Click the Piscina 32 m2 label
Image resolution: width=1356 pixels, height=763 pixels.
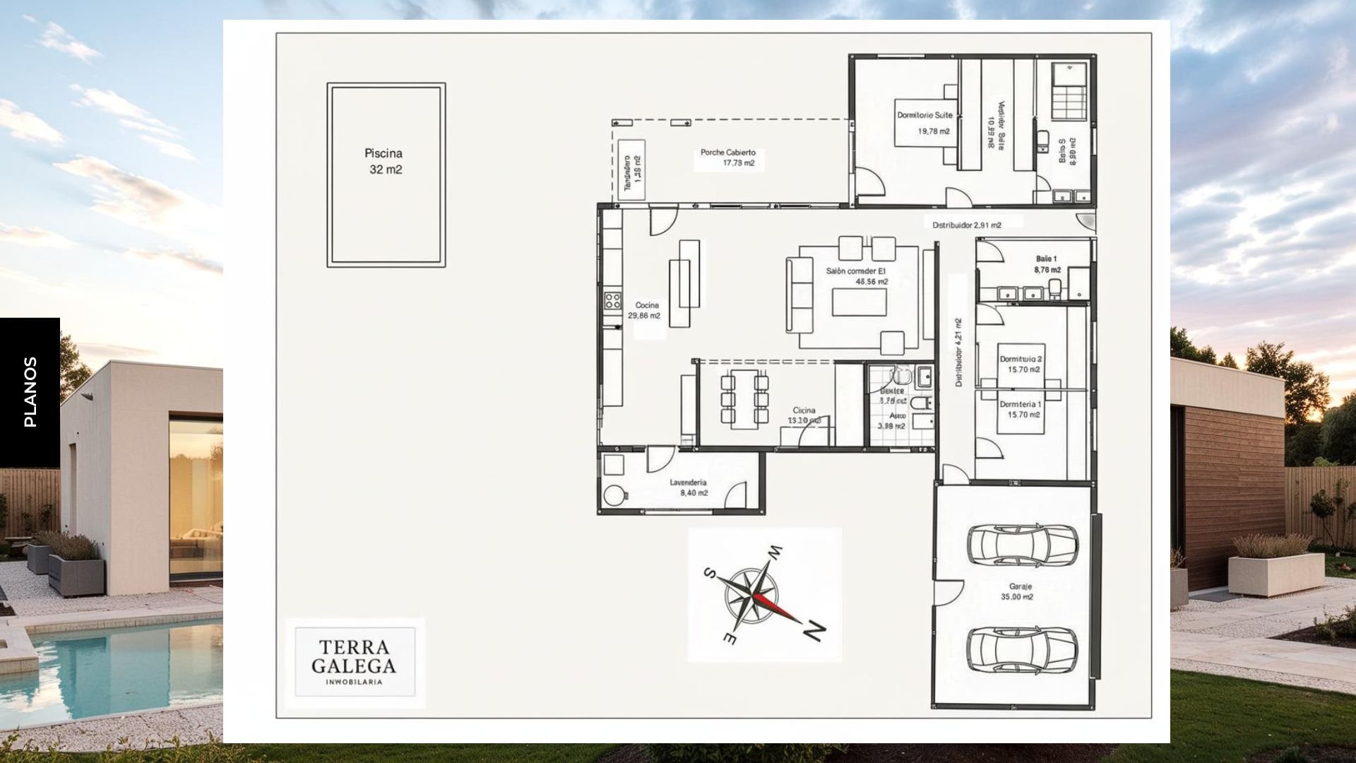[x=384, y=161]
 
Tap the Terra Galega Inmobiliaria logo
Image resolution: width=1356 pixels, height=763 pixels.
[x=355, y=662]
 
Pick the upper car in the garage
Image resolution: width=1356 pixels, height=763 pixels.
[x=1021, y=544]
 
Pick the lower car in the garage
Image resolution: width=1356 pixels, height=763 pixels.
[x=1021, y=649]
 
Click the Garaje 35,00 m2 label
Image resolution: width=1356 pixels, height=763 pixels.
[x=1017, y=591]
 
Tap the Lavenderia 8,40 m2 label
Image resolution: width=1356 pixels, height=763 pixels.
[x=689, y=487]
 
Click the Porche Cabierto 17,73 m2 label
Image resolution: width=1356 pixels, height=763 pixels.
[x=728, y=158]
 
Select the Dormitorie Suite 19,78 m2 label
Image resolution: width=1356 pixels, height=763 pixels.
[x=925, y=123]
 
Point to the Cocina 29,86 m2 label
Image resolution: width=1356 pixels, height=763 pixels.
[x=646, y=311]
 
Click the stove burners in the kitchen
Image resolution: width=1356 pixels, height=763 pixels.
[x=612, y=302]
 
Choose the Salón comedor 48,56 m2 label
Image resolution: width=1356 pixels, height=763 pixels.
[x=856, y=276]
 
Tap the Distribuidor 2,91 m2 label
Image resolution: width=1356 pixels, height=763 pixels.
[x=966, y=225]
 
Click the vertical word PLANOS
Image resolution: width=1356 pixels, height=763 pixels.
[x=30, y=391]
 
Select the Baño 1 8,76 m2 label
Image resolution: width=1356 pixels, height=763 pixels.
[x=1047, y=264]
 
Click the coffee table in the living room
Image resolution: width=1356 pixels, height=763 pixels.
[x=859, y=302]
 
